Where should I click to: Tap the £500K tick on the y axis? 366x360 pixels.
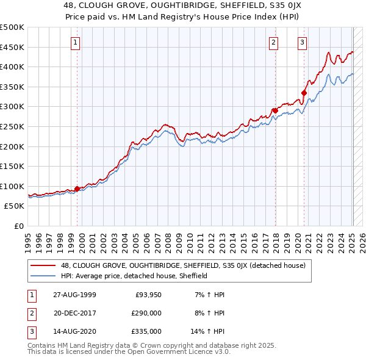(12, 27)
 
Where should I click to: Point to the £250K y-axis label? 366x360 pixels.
(12, 126)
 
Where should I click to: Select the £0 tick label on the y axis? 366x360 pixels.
(20, 226)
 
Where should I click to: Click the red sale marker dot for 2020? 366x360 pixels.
(303, 93)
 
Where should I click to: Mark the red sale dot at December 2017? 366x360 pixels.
(274, 110)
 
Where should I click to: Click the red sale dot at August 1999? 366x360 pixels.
(77, 189)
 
